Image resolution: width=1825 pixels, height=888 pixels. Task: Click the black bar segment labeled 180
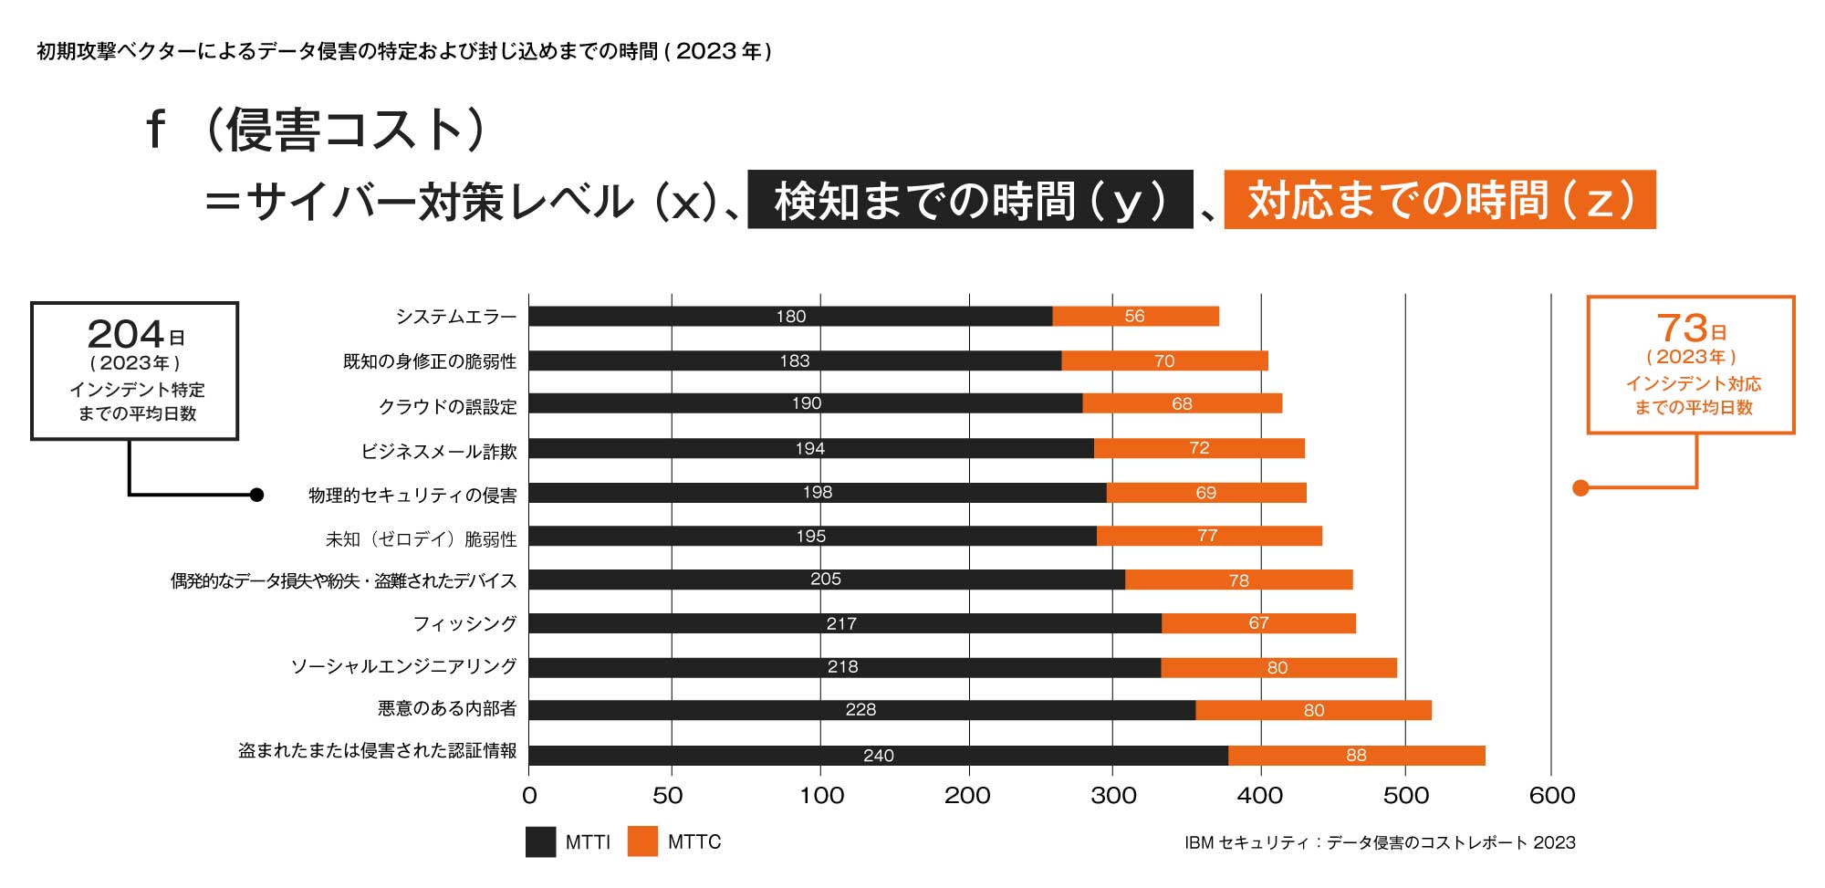point(790,316)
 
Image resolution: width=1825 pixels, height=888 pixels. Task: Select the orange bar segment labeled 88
point(1356,755)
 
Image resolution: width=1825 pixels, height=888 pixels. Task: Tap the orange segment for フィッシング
point(1258,623)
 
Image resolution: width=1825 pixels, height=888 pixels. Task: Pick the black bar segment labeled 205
point(826,580)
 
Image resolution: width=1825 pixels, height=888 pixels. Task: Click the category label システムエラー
point(455,317)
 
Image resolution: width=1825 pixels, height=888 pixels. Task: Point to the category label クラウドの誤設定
point(447,406)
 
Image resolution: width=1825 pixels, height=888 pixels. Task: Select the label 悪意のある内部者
point(447,708)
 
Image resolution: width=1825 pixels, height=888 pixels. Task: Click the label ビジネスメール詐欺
point(439,451)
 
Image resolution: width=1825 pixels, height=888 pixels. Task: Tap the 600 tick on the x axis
point(1551,795)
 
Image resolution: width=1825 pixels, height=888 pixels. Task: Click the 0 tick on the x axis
point(529,795)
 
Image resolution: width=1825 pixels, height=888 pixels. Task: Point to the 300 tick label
point(1113,795)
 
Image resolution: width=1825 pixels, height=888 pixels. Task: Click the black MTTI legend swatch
point(540,841)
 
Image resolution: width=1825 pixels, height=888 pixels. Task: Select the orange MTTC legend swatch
point(642,841)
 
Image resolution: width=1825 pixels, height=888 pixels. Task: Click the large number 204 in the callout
point(126,334)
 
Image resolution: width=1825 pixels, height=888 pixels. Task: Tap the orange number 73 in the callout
point(1682,329)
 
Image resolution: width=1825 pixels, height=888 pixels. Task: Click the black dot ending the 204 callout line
point(256,495)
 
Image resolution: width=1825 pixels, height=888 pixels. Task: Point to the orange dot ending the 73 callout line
point(1580,488)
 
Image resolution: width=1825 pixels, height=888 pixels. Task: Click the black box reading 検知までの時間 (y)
point(970,200)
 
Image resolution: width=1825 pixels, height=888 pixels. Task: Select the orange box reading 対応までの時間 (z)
point(1439,200)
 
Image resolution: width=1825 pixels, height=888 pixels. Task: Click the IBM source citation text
point(1379,842)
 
